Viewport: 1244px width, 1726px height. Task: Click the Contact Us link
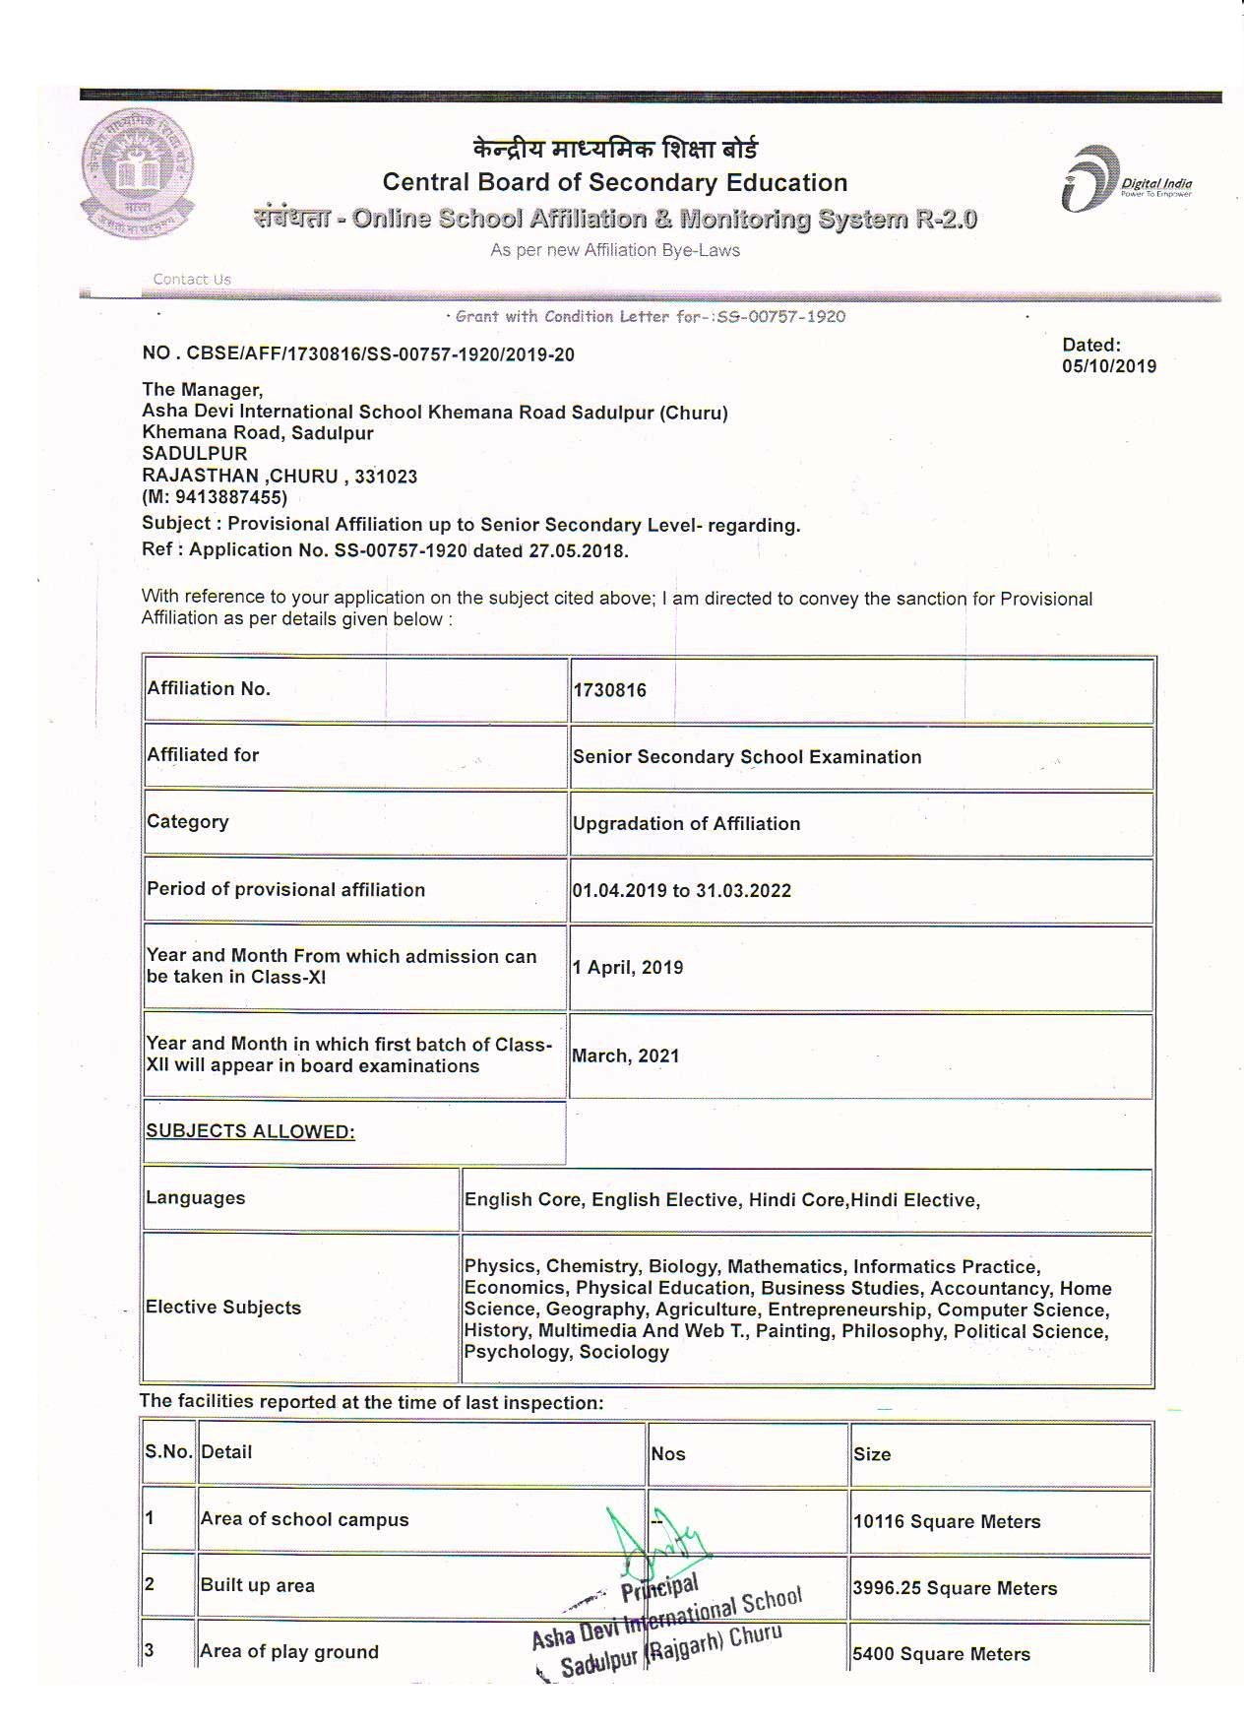pyautogui.click(x=192, y=279)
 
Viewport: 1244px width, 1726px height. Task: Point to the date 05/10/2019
pyautogui.click(x=1108, y=366)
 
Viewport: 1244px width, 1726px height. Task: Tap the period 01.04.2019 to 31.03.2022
pyautogui.click(x=681, y=890)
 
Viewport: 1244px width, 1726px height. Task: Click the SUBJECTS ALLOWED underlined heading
pyautogui.click(x=250, y=1131)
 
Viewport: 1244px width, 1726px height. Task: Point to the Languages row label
pyautogui.click(x=195, y=1198)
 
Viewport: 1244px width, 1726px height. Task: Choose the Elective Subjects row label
pyautogui.click(x=222, y=1308)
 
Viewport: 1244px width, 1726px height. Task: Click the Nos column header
pyautogui.click(x=667, y=1454)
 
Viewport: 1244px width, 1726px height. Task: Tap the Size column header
pyautogui.click(x=872, y=1454)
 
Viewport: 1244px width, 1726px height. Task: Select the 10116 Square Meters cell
pyautogui.click(x=946, y=1521)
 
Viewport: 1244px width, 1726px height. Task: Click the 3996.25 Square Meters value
pyautogui.click(x=954, y=1588)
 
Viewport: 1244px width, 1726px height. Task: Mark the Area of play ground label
pyautogui.click(x=289, y=1652)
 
